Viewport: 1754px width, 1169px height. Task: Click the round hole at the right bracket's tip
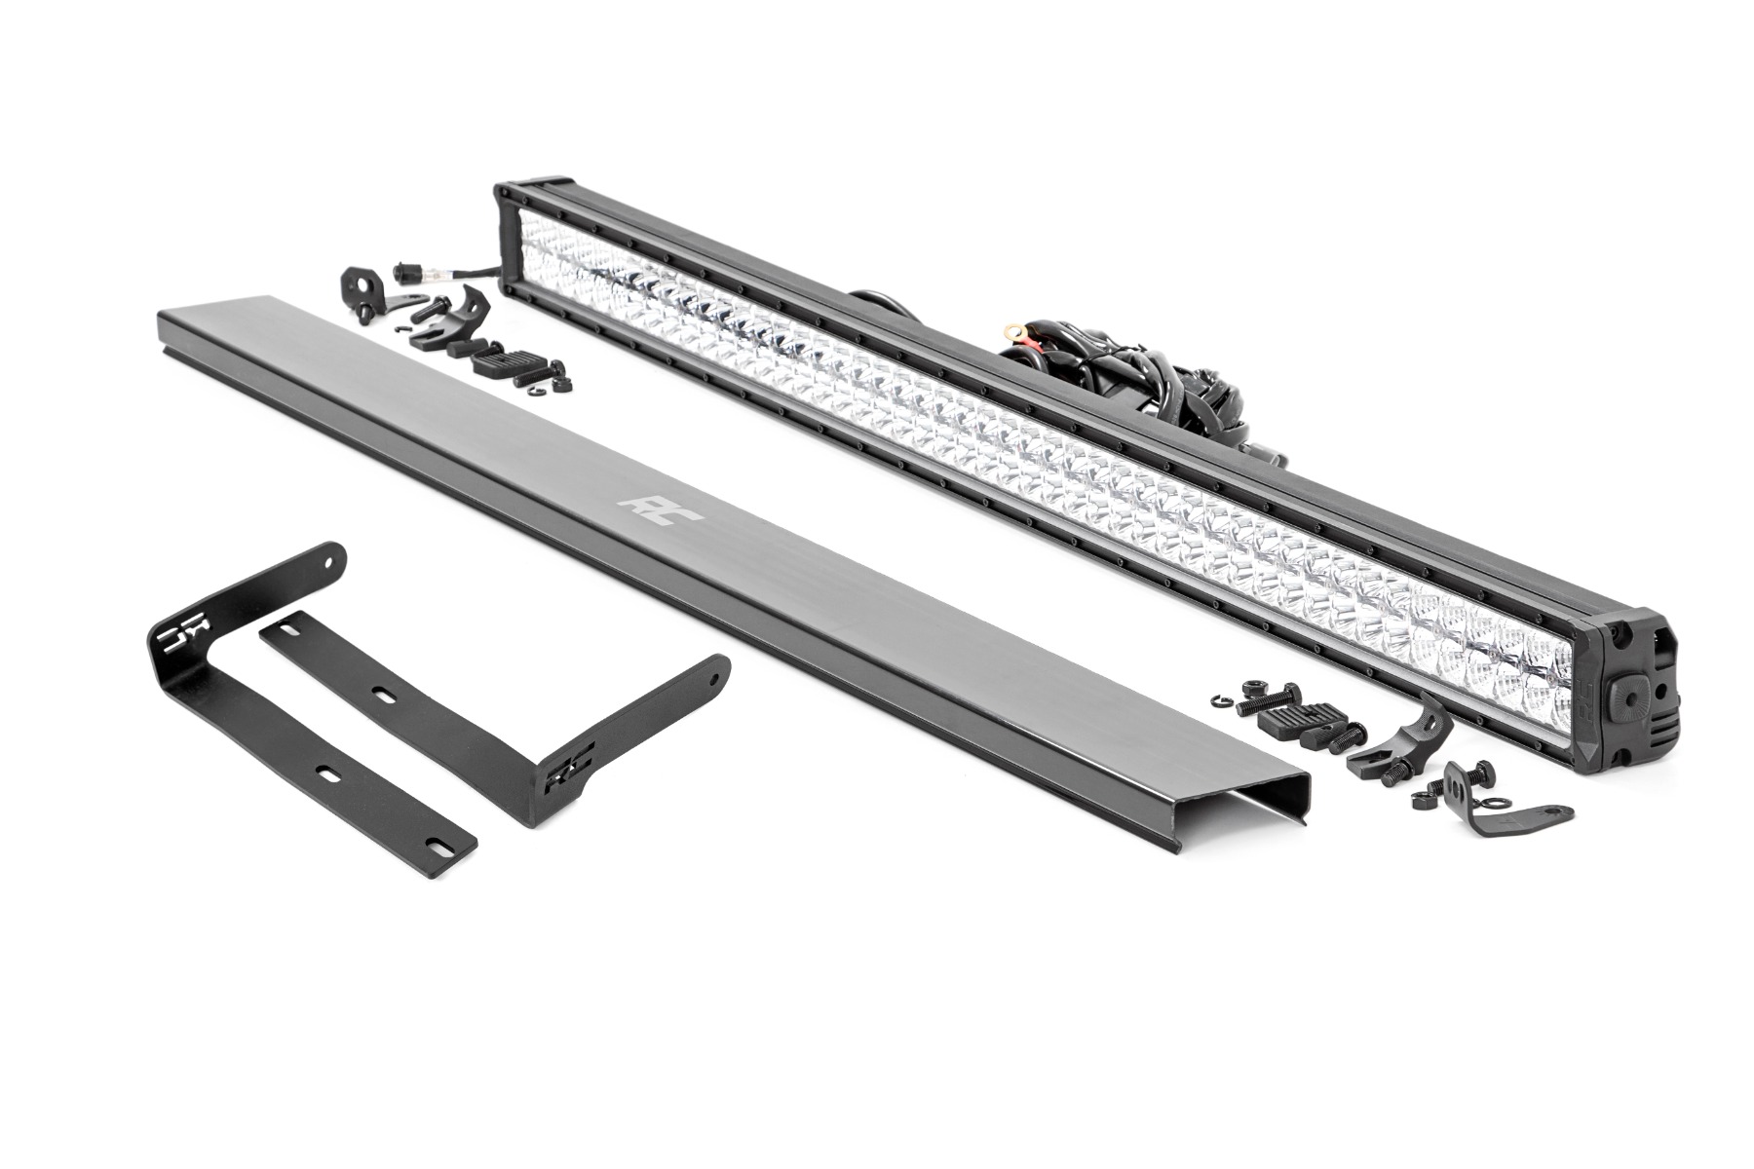coord(715,673)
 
